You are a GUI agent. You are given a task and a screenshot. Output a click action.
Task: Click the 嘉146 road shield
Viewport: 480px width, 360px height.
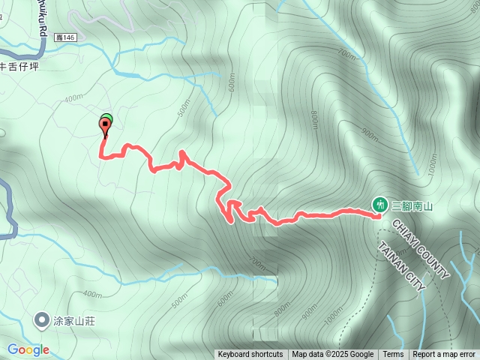tap(66, 36)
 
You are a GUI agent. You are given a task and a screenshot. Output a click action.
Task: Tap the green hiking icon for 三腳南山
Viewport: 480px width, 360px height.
tap(379, 204)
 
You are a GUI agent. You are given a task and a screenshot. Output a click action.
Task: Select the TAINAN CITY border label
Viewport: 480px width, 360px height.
tap(402, 266)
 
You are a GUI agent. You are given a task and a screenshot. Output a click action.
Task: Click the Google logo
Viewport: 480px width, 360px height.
tap(28, 349)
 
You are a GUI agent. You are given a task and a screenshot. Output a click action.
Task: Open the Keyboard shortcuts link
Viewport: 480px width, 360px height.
tap(250, 355)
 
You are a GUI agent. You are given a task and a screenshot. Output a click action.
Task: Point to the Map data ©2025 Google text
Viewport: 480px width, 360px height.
tap(332, 355)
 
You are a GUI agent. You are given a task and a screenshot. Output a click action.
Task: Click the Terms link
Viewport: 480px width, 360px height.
tap(393, 355)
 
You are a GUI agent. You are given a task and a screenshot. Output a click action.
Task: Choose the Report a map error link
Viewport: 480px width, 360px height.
tap(444, 355)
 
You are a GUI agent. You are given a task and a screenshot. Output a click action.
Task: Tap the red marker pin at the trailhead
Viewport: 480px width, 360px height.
tap(104, 126)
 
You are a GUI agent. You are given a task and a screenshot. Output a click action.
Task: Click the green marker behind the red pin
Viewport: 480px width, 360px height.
tap(107, 117)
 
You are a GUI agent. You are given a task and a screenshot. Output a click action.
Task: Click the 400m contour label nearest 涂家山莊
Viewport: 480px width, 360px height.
tap(92, 293)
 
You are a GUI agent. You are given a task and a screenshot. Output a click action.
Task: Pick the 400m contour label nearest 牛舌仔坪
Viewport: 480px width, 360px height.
tap(73, 98)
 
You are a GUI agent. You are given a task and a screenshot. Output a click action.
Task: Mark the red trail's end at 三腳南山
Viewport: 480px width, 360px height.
tap(377, 216)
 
